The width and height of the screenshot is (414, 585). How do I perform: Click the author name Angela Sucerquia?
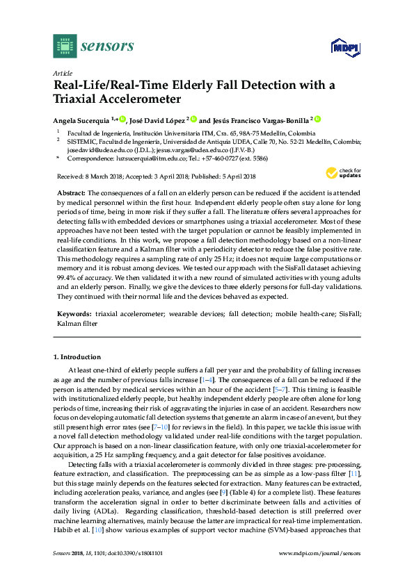click(82, 120)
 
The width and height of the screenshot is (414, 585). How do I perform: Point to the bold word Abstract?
click(69, 190)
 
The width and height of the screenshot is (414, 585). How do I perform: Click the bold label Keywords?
click(73, 315)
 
